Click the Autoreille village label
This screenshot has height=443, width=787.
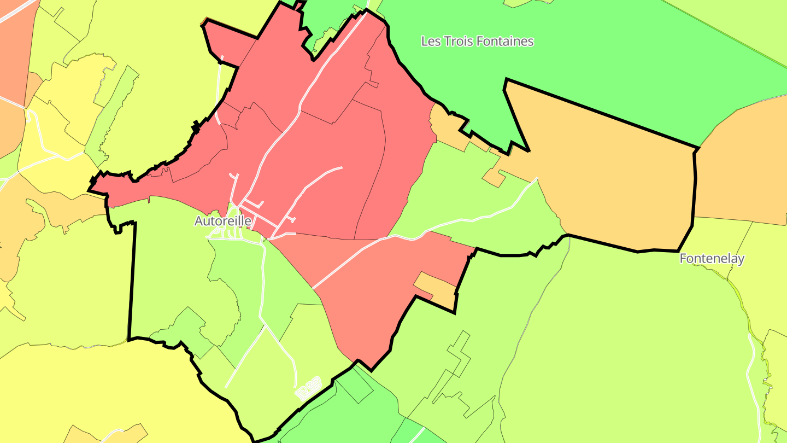[x=223, y=221]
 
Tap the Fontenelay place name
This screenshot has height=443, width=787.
[x=712, y=259]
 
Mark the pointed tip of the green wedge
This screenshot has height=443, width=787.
[x=527, y=149]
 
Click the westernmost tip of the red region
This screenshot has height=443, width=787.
[x=90, y=190]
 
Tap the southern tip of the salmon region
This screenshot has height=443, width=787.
[x=372, y=369]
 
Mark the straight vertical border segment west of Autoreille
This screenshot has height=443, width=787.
[x=132, y=279]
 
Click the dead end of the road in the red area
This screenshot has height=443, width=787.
[x=341, y=168]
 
